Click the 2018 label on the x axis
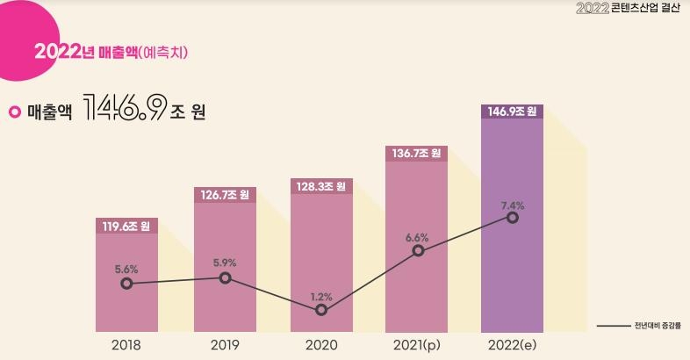tap(126, 345)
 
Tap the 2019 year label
tap(225, 345)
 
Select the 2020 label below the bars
tap(321, 345)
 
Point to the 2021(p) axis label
tap(418, 345)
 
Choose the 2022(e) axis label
tap(513, 345)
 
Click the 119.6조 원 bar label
tap(126, 227)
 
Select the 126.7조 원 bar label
tap(225, 194)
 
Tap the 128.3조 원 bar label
tap(321, 186)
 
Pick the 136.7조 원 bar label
tap(417, 154)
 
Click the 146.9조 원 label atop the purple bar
tap(513, 112)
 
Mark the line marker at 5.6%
tap(127, 284)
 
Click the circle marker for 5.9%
tap(225, 277)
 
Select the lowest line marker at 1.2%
tap(321, 309)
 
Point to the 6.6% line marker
tap(418, 250)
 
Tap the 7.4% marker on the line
tap(513, 217)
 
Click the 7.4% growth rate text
tap(513, 205)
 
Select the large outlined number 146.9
tap(125, 111)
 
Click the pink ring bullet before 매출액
tap(14, 112)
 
